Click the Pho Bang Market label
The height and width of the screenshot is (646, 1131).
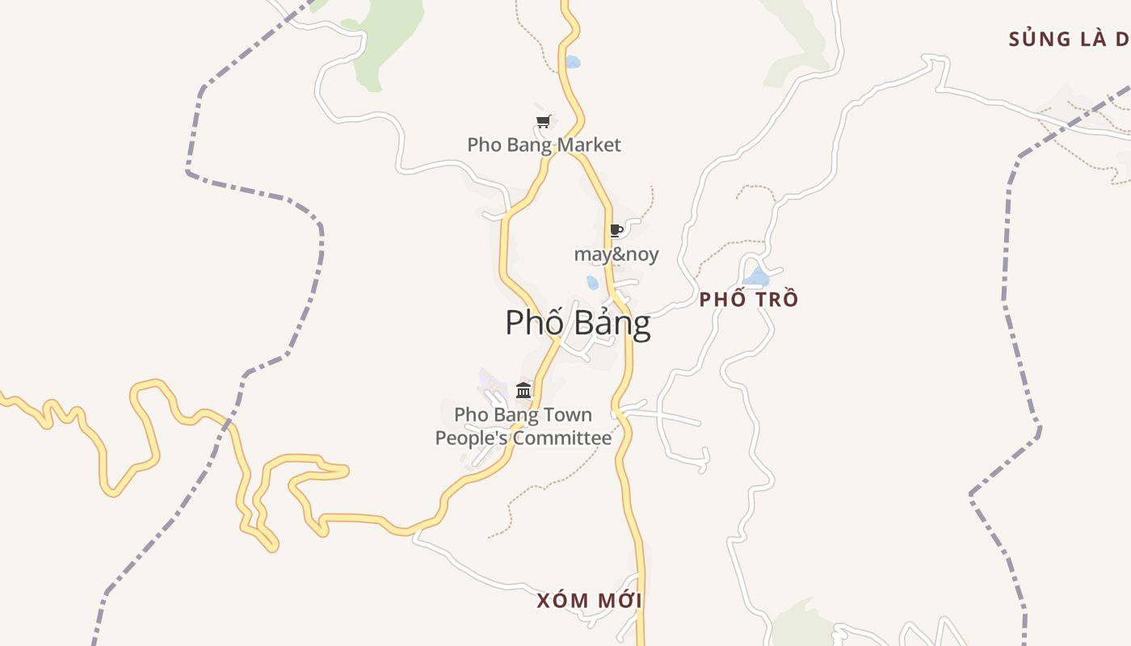click(x=544, y=145)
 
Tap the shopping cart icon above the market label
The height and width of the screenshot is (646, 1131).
click(x=544, y=122)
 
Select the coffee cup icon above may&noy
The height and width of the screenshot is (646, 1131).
click(x=616, y=230)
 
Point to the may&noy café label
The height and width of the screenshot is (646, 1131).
click(x=616, y=255)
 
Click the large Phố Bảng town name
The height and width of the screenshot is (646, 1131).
click(x=578, y=323)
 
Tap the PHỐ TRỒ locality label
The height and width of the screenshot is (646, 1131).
click(x=748, y=300)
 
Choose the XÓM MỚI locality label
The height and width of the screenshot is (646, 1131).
click(x=589, y=601)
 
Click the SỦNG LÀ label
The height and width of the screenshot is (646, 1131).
click(x=1068, y=39)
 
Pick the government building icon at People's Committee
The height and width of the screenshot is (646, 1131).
click(x=523, y=391)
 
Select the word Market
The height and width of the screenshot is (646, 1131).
click(x=589, y=145)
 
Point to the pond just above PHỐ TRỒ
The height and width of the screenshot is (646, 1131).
click(x=757, y=278)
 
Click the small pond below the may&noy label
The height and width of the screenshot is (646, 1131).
click(x=592, y=283)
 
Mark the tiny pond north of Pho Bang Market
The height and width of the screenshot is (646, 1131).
click(x=573, y=61)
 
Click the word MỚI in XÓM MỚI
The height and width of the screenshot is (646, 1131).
click(x=620, y=601)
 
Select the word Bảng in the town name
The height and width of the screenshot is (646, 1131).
click(x=612, y=323)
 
